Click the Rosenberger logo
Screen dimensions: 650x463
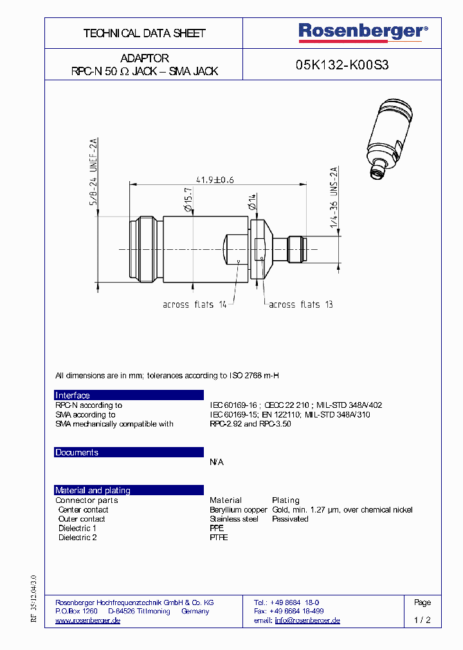[363, 31]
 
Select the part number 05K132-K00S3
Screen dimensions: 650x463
[342, 65]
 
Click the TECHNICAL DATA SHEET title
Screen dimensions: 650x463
[144, 33]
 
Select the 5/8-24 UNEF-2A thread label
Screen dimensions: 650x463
[93, 171]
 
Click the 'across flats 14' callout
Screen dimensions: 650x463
[194, 304]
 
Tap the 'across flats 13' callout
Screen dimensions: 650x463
[300, 304]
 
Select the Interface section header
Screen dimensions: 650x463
[73, 396]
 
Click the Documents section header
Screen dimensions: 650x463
[77, 453]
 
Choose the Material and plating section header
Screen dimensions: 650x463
[93, 491]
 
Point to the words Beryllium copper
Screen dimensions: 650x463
[238, 510]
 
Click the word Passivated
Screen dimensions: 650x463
[290, 519]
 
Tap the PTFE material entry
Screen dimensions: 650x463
[219, 538]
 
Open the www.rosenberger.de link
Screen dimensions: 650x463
[88, 620]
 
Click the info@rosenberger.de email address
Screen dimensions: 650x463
[307, 620]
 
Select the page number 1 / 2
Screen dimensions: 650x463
[422, 620]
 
